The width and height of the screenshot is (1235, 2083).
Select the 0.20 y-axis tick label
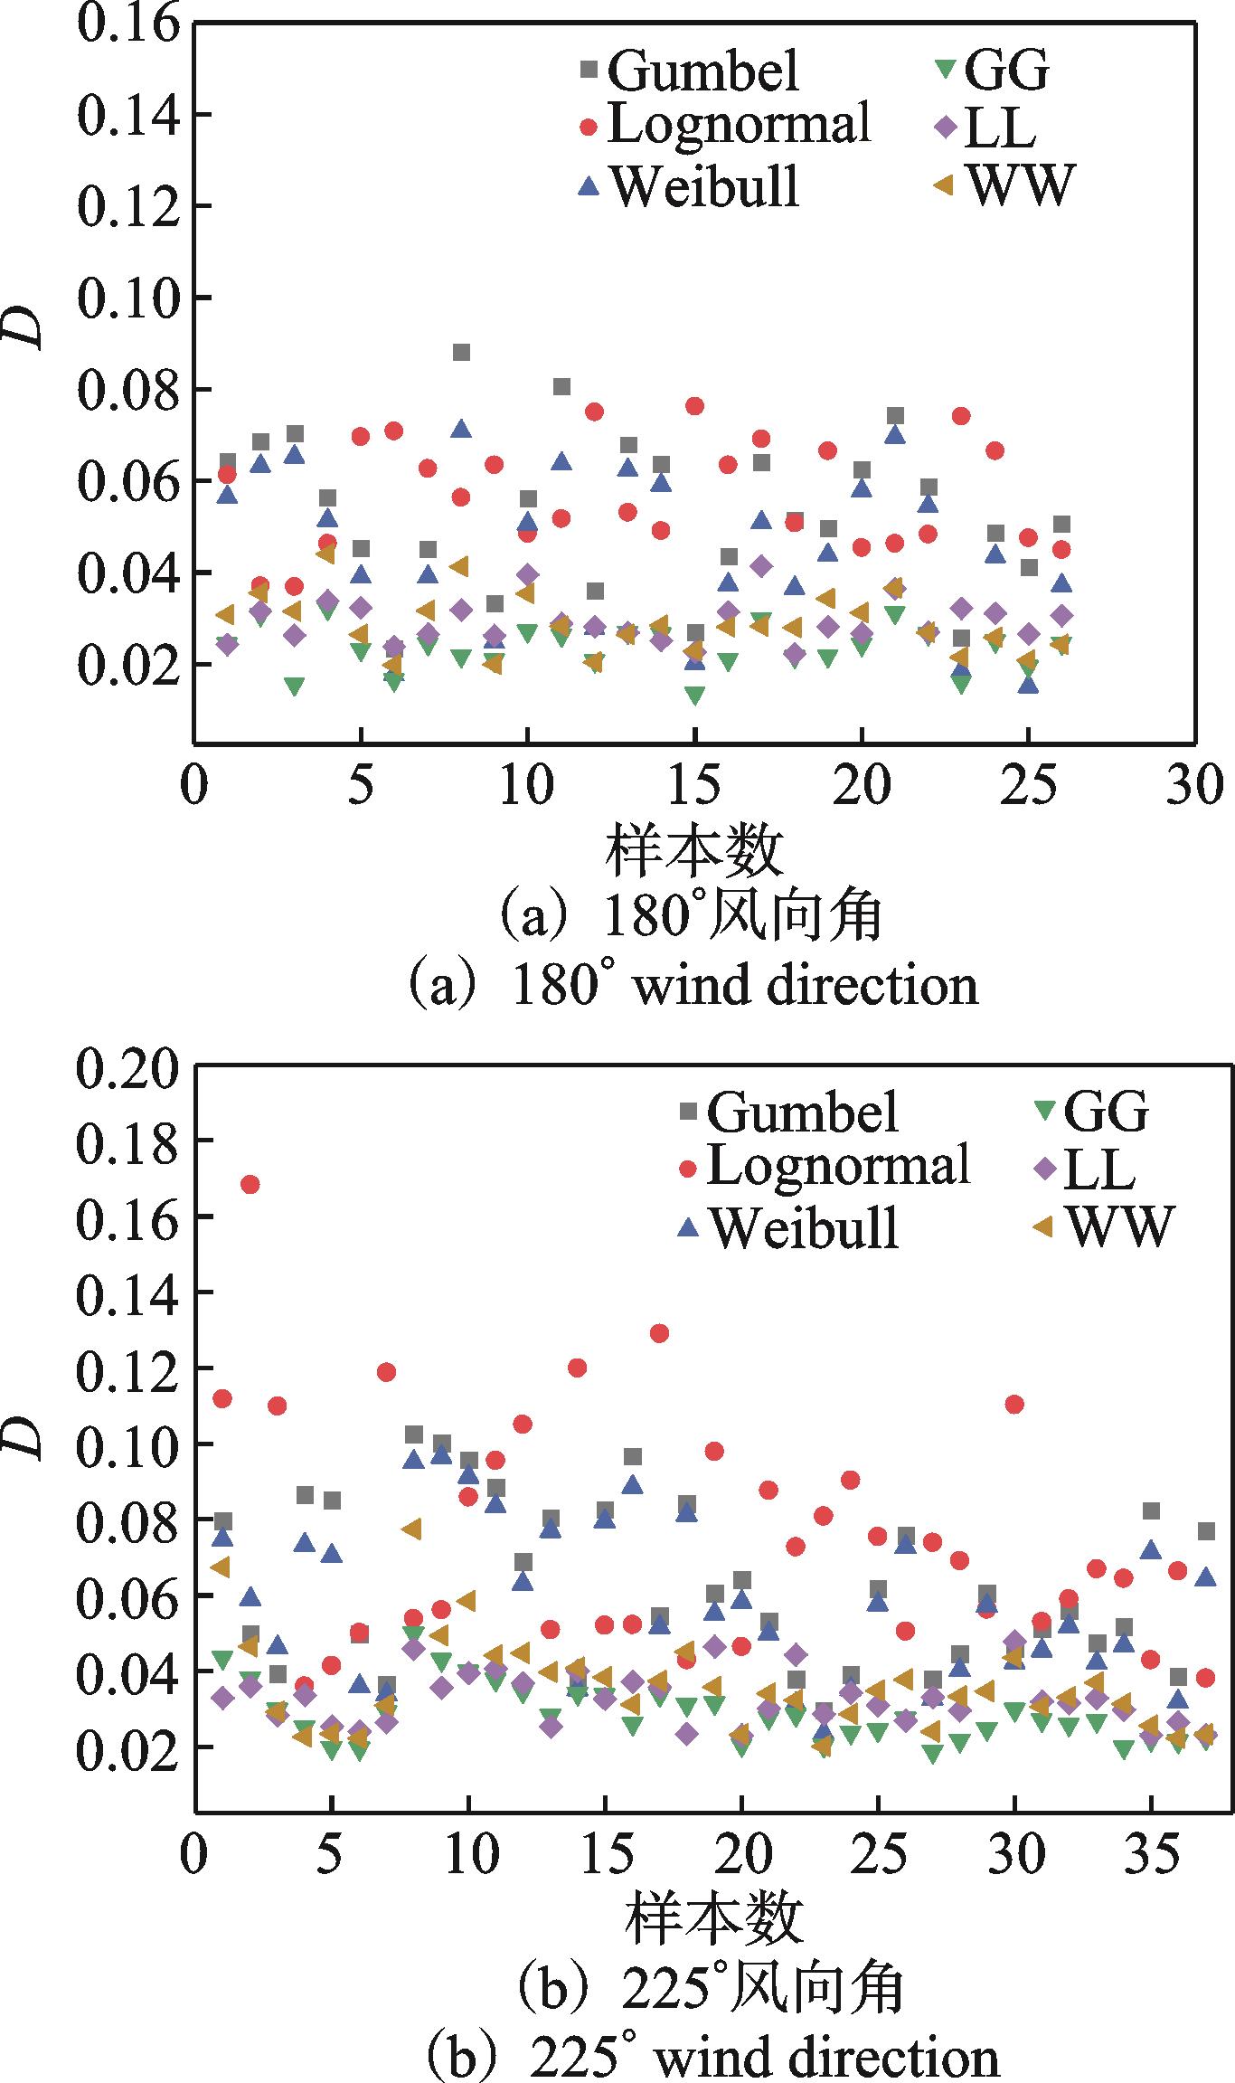(123, 1072)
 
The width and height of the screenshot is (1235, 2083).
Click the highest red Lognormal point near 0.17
(250, 1185)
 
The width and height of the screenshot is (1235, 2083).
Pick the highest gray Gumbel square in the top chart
(461, 353)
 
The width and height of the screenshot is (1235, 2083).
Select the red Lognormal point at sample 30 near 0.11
(1014, 1405)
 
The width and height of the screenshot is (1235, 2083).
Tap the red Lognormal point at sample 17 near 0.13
(659, 1333)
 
